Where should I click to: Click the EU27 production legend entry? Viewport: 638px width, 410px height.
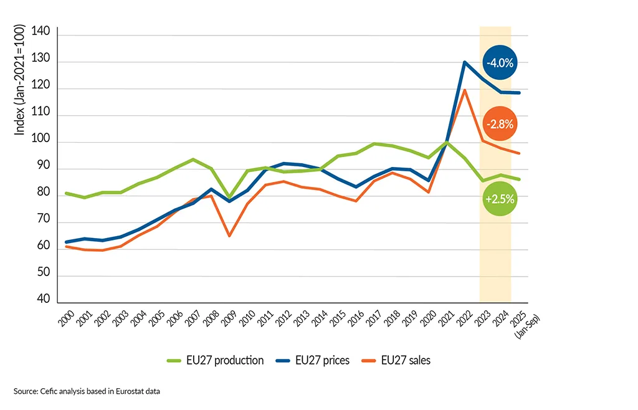(x=216, y=360)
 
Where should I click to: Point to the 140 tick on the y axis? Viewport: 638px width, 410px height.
(x=41, y=36)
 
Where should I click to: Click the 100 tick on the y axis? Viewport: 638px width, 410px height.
(x=41, y=143)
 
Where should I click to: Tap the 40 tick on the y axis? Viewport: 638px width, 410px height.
(x=44, y=299)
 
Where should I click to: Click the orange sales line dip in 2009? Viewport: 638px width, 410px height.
(x=229, y=236)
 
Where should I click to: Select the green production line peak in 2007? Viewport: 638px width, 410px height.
(x=193, y=160)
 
